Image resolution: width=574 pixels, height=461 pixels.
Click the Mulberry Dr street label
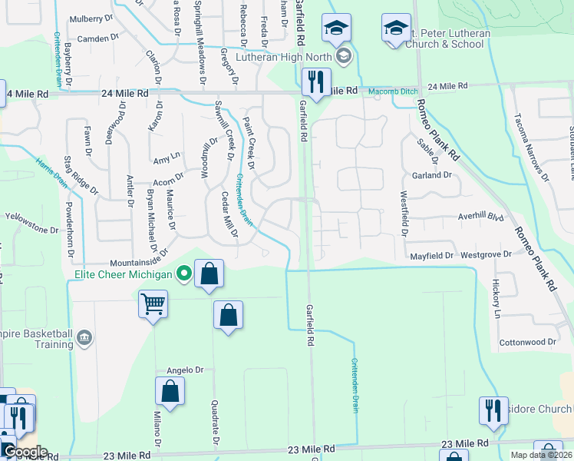click(91, 18)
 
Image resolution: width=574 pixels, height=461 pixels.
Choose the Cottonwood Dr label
click(527, 342)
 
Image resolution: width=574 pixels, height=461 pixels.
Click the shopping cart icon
click(153, 304)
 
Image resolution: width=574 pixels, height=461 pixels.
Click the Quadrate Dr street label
click(213, 422)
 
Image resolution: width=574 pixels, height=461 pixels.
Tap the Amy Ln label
click(167, 157)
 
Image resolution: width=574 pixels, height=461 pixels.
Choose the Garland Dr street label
click(432, 175)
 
